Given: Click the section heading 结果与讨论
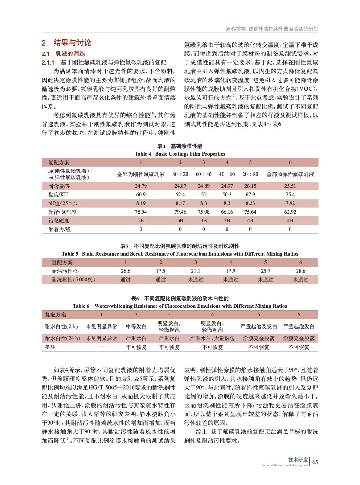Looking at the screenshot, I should (72, 43).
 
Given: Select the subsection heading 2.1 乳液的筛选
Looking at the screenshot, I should (63, 54).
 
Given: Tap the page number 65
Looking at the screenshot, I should (315, 462).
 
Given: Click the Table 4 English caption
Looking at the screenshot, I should (180, 154).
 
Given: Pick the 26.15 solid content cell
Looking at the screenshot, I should (250, 186).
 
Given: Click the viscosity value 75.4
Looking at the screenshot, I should (290, 194).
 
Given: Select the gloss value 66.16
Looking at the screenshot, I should (227, 212).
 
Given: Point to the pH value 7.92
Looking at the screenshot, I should (290, 203).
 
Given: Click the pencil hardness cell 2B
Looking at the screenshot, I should (141, 220).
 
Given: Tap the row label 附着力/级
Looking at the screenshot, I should (59, 229).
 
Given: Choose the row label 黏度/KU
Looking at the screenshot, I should (58, 194).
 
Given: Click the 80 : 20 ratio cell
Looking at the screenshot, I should (180, 174).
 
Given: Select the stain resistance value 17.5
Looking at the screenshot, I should (160, 271).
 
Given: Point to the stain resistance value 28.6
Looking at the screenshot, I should (300, 271).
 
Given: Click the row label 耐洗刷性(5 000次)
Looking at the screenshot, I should (73, 279).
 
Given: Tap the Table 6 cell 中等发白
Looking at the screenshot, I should (136, 326).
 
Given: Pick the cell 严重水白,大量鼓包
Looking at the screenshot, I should (212, 338).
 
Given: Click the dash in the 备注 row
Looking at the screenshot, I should (101, 347).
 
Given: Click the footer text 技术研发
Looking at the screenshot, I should (298, 460).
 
